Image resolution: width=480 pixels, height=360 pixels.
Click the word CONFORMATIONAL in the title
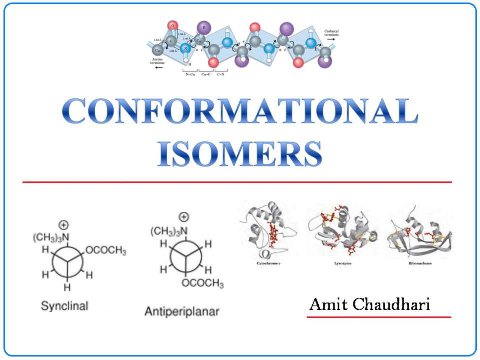(x=240, y=111)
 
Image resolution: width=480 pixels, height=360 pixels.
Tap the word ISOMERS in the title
(x=240, y=154)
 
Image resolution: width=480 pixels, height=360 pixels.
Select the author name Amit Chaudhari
(x=369, y=304)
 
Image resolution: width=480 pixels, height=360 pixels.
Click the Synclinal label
(x=64, y=306)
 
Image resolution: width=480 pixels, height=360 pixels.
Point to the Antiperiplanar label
(x=181, y=311)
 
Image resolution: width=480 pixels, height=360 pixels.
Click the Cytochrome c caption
(x=268, y=264)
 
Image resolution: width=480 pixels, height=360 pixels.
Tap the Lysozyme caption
(x=343, y=264)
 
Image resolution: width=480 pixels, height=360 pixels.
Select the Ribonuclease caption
(x=420, y=264)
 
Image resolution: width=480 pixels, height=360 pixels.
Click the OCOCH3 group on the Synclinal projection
(x=106, y=250)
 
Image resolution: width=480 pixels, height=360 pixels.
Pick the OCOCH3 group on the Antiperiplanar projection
(x=202, y=283)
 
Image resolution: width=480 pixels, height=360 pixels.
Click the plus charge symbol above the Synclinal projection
(x=64, y=225)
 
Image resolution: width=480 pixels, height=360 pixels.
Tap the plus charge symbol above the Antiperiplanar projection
(x=183, y=217)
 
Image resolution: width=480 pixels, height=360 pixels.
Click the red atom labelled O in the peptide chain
(x=172, y=25)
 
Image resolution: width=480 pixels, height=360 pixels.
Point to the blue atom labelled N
(x=185, y=48)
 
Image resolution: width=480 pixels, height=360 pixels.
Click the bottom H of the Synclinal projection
(x=67, y=287)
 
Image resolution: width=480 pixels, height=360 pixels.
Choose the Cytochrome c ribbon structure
(x=268, y=231)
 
